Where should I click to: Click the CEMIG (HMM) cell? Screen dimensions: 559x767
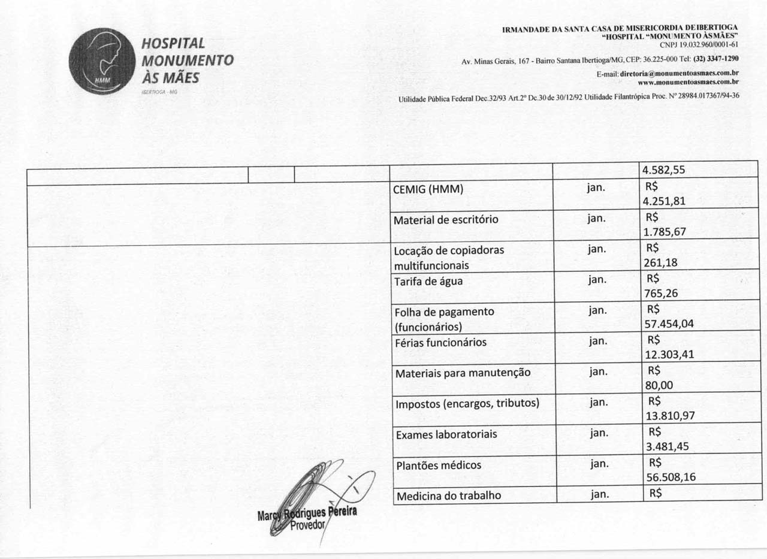(x=428, y=189)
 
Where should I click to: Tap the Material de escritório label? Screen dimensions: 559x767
(x=446, y=220)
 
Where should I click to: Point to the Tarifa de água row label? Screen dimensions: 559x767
(x=428, y=281)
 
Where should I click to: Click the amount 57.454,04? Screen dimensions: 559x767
(x=668, y=324)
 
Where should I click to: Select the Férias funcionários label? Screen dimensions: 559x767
(x=440, y=343)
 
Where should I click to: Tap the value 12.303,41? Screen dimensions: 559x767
(x=669, y=355)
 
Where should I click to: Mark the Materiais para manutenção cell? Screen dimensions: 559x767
(x=463, y=373)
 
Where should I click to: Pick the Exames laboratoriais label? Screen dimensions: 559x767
(x=446, y=434)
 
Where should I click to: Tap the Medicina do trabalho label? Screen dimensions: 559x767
(x=448, y=495)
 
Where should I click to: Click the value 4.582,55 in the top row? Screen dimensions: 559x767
(x=663, y=170)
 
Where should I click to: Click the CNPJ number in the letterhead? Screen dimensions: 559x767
(x=699, y=44)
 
